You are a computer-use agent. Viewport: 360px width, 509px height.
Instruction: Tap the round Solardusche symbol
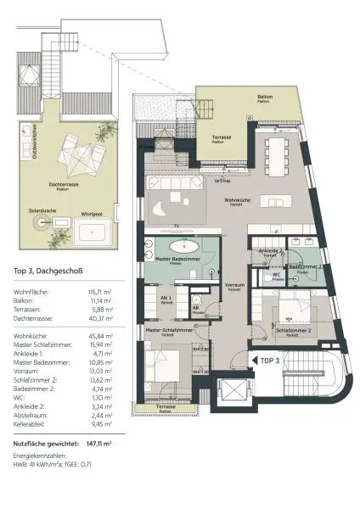40,222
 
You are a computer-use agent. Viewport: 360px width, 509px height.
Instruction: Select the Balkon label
266,98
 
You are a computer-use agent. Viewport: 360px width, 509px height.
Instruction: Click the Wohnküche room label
237,202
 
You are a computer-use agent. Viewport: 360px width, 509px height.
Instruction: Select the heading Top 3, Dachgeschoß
50,271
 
